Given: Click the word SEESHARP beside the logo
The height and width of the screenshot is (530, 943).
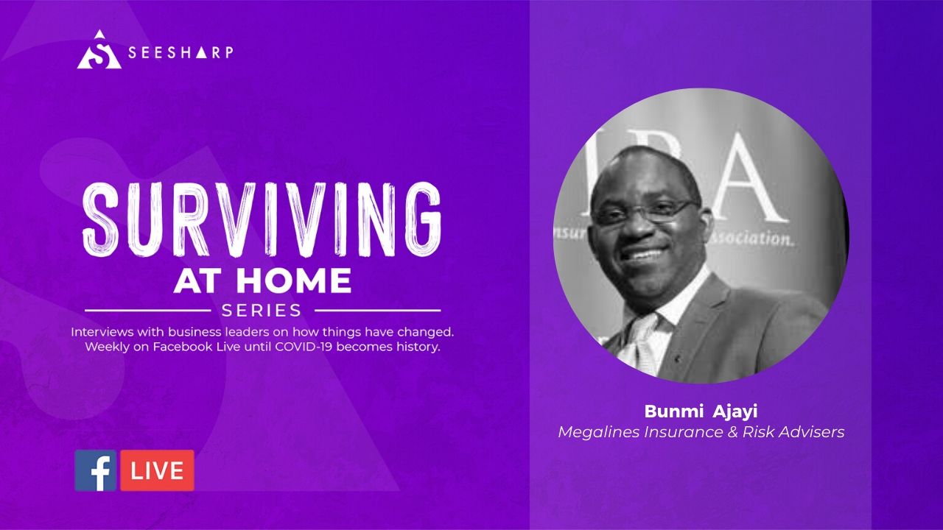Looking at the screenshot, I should [x=180, y=52].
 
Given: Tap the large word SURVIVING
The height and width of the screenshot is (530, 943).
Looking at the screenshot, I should [x=262, y=219].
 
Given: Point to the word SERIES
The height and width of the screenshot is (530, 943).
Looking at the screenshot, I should [x=262, y=310].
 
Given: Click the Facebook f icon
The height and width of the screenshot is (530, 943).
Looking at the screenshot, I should [x=96, y=470].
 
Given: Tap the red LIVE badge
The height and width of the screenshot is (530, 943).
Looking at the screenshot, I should [x=158, y=470].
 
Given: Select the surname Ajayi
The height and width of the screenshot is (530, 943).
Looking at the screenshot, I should [x=735, y=411].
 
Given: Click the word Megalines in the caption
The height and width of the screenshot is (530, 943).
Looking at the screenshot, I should [x=599, y=432].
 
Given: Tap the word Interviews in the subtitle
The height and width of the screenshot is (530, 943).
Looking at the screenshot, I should [x=101, y=332].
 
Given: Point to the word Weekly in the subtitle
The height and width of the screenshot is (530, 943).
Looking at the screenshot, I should [x=106, y=347].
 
